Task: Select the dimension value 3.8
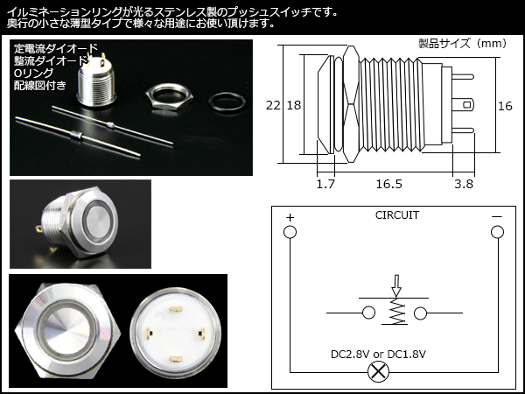pos(464,185)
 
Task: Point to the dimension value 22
pos(274,105)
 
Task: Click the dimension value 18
pos(294,105)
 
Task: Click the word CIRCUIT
pos(396,215)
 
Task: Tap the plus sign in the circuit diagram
pos(290,215)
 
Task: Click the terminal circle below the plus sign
pos(290,232)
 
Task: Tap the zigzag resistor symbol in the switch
pos(395,312)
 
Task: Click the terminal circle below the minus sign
pos(497,232)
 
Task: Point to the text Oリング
pos(33,74)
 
